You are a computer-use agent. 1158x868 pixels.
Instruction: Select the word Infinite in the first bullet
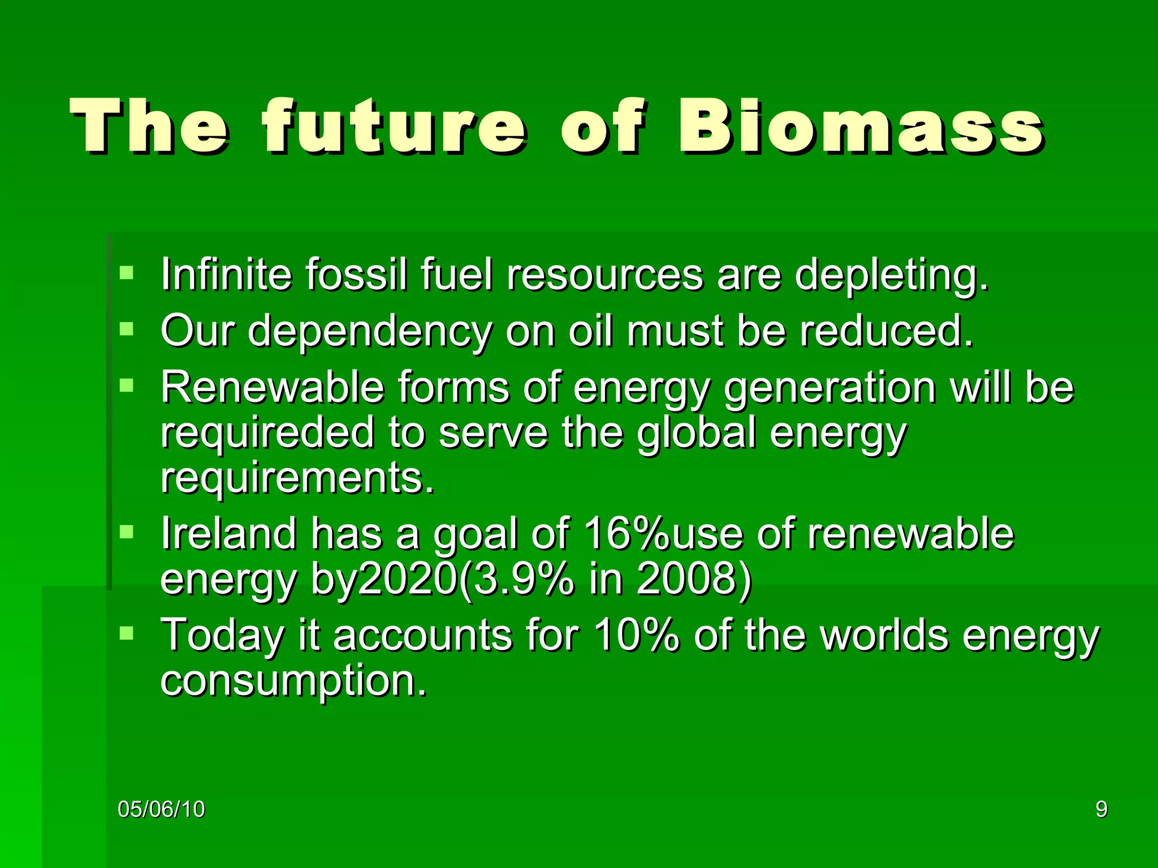(226, 275)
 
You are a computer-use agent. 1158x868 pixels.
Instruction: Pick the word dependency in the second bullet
(370, 332)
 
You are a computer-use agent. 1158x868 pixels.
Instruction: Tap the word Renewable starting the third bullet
(272, 388)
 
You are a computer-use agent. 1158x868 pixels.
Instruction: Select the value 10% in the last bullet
(636, 635)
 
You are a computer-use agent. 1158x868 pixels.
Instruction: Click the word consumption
(293, 682)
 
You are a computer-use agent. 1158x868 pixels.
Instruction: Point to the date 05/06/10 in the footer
(161, 809)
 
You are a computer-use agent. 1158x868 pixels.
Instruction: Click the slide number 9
(1101, 809)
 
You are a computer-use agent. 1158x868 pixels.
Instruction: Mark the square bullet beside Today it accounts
(127, 633)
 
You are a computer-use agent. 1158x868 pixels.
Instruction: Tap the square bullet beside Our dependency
(127, 329)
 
